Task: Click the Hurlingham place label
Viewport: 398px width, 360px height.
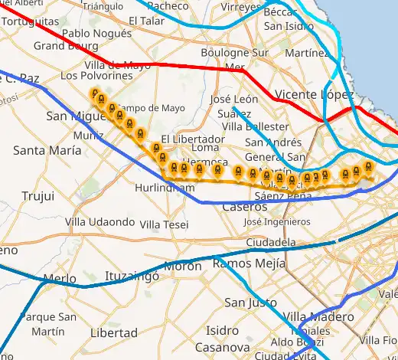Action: coord(165,188)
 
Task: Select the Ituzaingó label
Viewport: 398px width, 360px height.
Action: coord(131,274)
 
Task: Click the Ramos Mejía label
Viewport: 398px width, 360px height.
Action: coord(243,263)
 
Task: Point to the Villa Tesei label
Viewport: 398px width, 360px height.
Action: coord(165,224)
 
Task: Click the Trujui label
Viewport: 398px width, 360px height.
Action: coord(38,196)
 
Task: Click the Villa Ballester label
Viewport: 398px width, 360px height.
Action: coord(256,126)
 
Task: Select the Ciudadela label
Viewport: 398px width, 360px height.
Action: coord(271,242)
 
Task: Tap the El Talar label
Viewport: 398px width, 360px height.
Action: coord(147,21)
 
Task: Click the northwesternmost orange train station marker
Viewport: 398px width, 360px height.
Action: coord(96,95)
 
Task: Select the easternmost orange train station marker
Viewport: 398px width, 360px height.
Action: coord(370,168)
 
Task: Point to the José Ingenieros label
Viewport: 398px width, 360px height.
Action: coord(276,221)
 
